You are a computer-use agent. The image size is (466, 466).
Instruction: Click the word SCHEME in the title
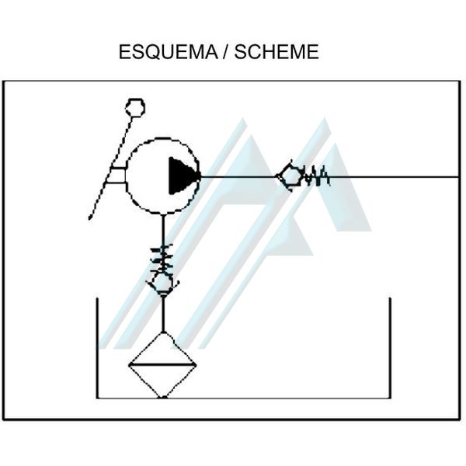tap(276, 53)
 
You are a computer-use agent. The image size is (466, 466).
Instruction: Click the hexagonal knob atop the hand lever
tap(135, 107)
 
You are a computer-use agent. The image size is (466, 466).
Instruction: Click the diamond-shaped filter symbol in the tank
tap(163, 364)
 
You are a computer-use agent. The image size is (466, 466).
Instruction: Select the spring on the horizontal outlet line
tap(316, 177)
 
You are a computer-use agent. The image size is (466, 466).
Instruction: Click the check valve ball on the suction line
tap(163, 282)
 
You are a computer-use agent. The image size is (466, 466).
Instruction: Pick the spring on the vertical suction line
tap(163, 256)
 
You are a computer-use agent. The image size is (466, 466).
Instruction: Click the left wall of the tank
tap(97, 349)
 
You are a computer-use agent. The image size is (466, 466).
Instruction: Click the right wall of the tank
tap(389, 349)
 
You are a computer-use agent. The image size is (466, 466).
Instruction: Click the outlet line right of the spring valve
tap(396, 176)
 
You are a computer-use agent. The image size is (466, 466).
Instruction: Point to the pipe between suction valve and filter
tap(163, 312)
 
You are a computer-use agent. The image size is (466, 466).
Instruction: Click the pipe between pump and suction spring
tap(163, 229)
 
